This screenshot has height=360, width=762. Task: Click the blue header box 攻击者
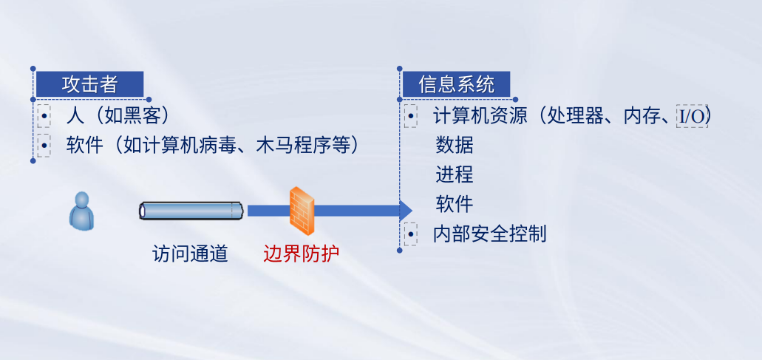point(90,84)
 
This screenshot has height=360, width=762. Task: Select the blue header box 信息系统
point(456,84)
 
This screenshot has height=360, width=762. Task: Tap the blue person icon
point(81,211)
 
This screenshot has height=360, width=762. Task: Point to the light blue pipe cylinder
point(191,211)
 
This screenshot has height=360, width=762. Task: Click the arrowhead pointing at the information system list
point(406,211)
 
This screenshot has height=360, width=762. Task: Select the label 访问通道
point(190,253)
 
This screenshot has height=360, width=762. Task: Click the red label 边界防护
point(302,253)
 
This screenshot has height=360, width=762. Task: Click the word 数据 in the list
point(455,145)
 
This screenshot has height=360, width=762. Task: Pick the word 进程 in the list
point(455,174)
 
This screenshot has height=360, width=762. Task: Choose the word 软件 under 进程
point(455,204)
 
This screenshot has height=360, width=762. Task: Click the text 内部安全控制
point(490,234)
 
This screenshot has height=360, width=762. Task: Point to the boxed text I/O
point(692,117)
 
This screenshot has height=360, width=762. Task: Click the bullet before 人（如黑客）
point(44,116)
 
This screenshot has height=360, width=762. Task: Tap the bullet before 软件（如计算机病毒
point(44,145)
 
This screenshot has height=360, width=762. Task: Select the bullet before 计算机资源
point(411,116)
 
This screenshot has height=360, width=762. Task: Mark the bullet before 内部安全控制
point(411,234)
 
